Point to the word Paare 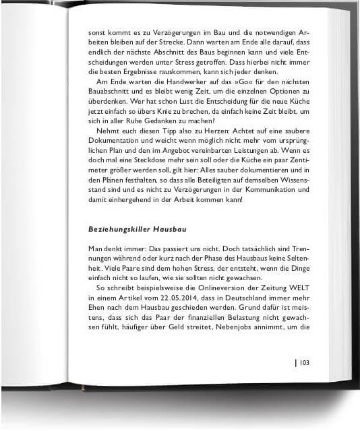point(123,267)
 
